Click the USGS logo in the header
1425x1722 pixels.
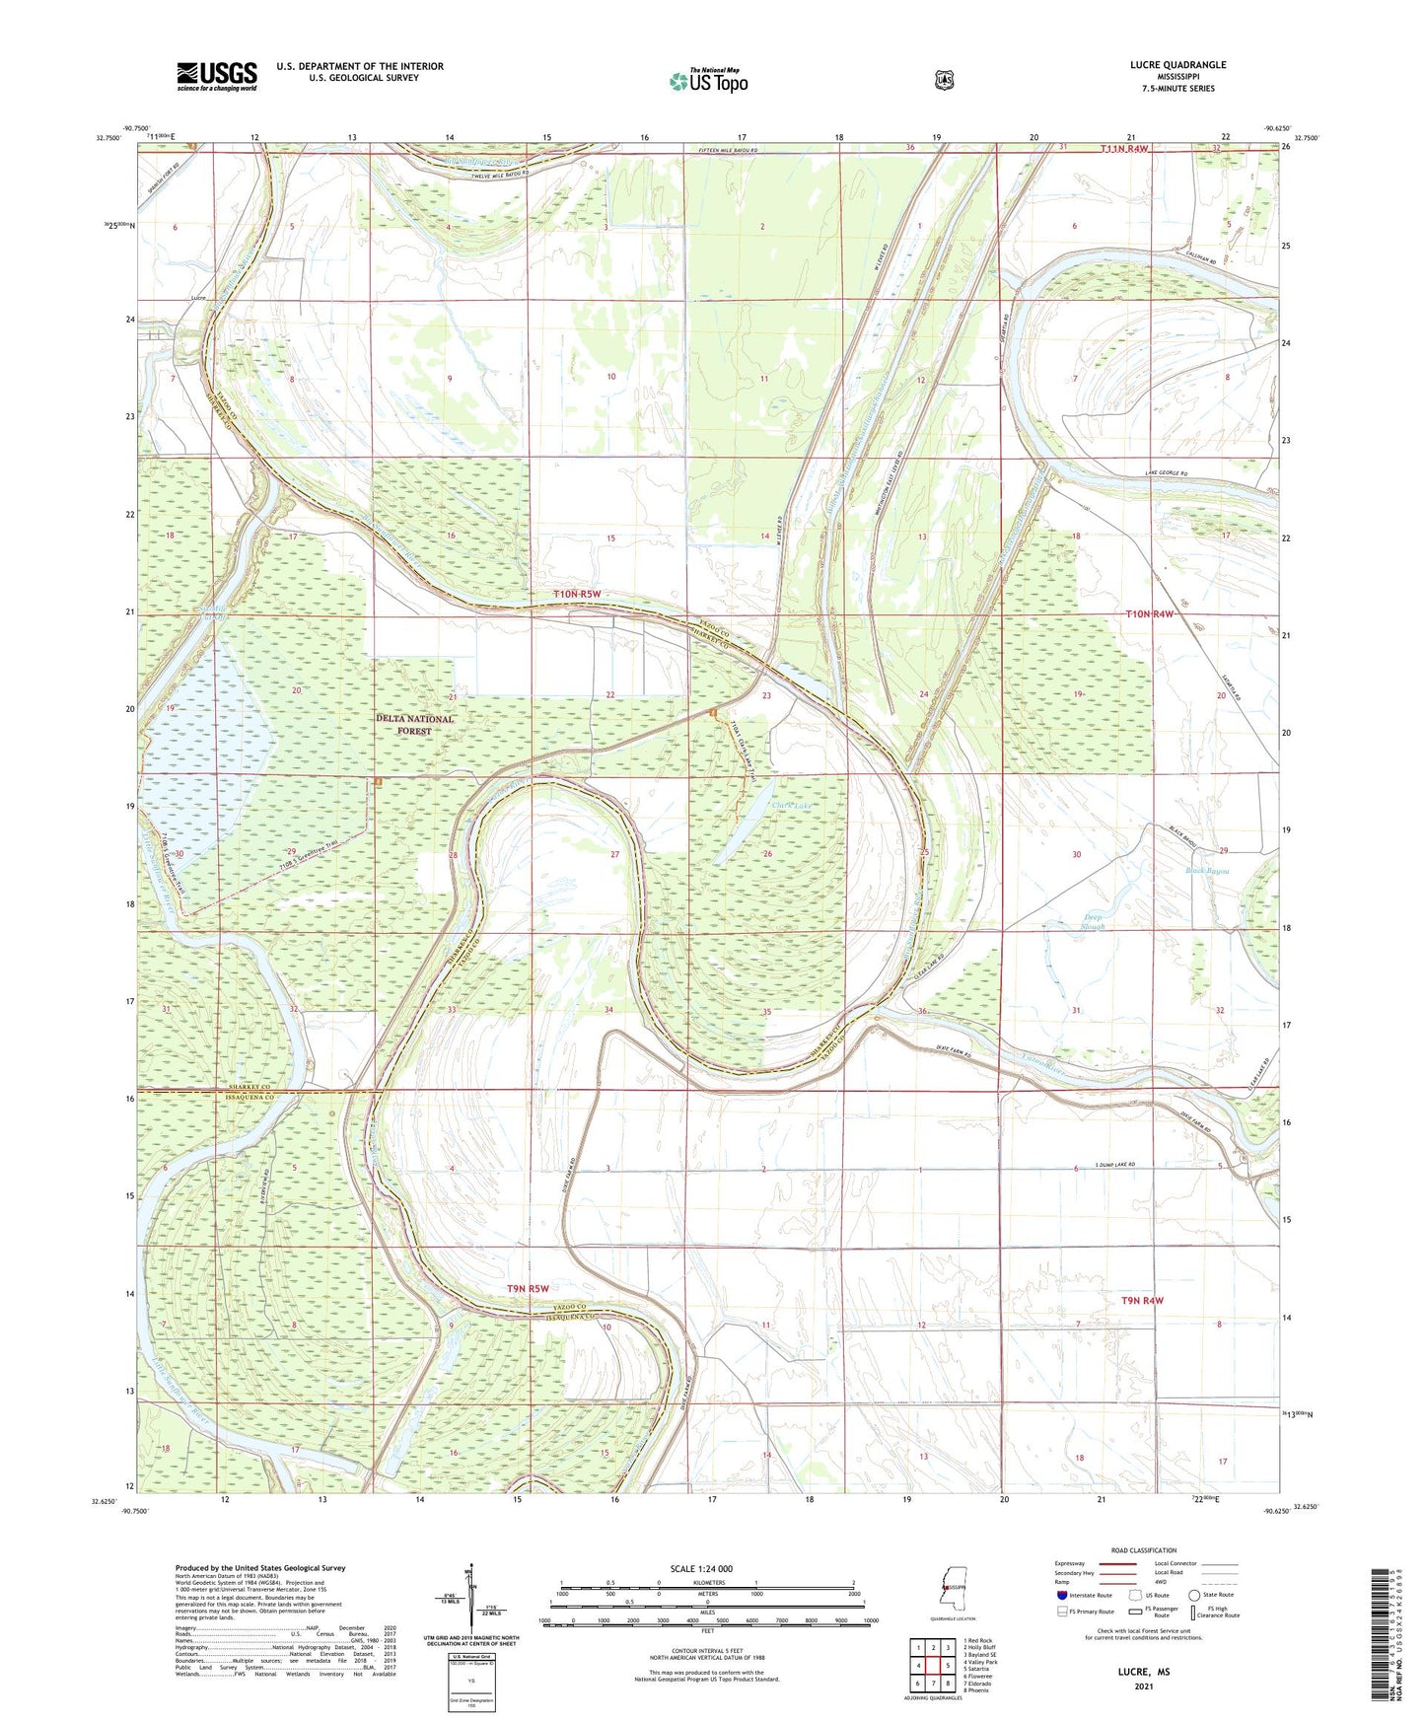pos(216,76)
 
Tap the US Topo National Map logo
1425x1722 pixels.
pos(707,80)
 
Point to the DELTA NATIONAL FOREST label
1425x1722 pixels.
pos(415,725)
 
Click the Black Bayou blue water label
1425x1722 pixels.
pos(1206,871)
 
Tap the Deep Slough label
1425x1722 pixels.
pos(1093,922)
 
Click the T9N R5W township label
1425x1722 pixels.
pos(528,1288)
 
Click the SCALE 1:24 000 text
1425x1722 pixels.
pos(701,1568)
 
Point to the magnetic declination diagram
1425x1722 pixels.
pos(471,1603)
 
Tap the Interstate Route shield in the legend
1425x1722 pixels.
pos(1061,1595)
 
